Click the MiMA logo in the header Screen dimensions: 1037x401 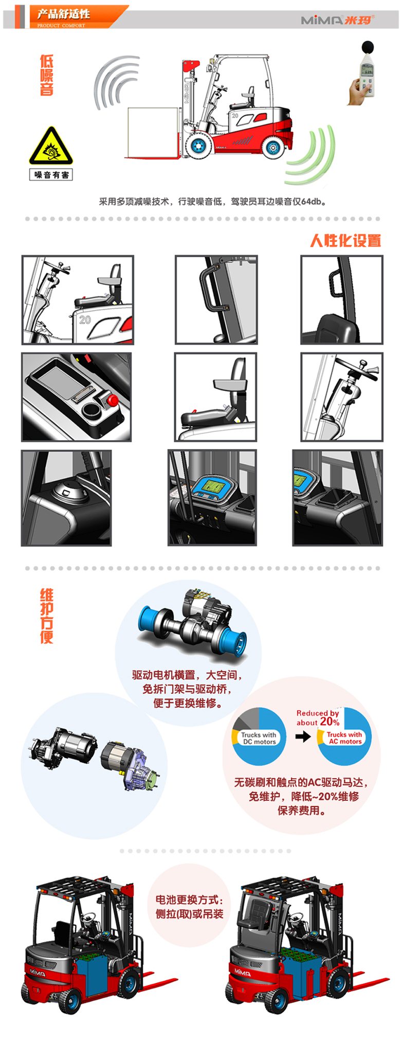[x=337, y=20]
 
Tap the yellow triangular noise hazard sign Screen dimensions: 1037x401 [x=51, y=147]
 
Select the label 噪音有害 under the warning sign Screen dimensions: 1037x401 [x=51, y=175]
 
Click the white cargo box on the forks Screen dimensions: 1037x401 [x=153, y=131]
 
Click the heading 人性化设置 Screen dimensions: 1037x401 [x=345, y=240]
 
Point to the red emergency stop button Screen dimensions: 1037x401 [x=113, y=400]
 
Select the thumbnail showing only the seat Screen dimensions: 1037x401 [x=215, y=397]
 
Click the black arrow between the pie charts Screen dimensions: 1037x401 [x=303, y=736]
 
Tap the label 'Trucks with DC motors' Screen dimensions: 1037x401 [x=259, y=738]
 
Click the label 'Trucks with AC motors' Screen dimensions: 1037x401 [x=344, y=738]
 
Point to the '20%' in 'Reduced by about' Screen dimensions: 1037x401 [x=329, y=721]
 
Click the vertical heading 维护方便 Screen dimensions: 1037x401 [x=47, y=616]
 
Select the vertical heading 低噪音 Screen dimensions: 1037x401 [x=47, y=75]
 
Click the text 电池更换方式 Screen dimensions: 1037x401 [x=189, y=900]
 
